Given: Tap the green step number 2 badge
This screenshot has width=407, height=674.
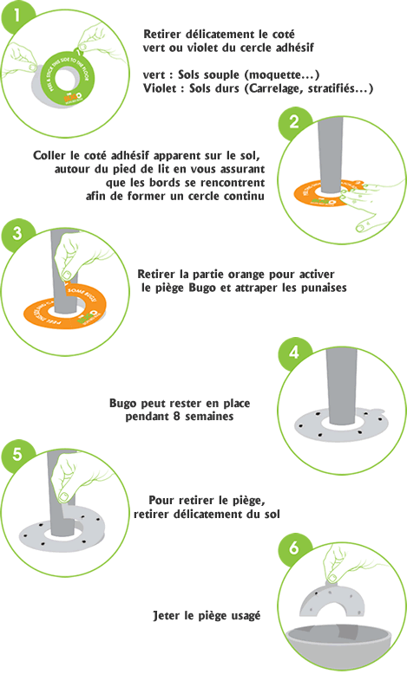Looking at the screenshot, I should point(295,124).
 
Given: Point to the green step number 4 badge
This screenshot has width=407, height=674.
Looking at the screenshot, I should point(295,353).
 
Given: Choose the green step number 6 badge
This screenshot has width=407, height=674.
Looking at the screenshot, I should point(295,549).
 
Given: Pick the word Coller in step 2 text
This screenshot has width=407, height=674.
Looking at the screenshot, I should point(49,155).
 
